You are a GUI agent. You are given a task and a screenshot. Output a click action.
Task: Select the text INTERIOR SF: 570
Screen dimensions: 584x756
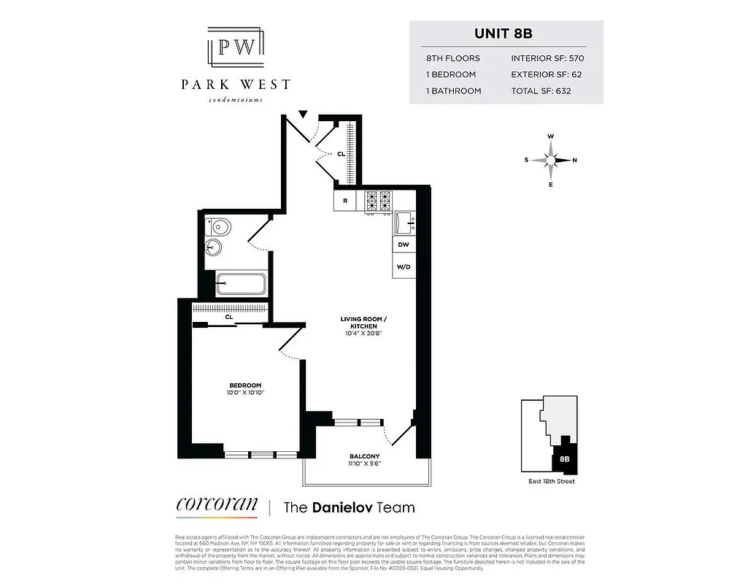547,58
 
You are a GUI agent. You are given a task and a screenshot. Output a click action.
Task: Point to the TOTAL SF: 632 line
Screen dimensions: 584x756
541,91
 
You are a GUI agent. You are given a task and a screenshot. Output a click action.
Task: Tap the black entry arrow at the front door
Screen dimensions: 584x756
304,113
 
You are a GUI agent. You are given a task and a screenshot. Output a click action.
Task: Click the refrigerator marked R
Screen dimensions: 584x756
344,201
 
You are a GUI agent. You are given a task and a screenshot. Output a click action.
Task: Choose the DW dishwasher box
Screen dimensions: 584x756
404,246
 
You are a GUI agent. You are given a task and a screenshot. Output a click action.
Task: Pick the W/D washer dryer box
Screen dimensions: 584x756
404,267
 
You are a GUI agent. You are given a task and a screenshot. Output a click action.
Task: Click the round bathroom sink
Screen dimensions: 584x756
213,247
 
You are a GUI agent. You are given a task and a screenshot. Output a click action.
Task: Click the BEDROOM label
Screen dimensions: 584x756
245,385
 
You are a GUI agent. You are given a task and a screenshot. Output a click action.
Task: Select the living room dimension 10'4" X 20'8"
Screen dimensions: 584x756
363,333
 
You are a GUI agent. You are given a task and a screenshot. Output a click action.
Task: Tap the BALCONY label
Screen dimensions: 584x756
365,456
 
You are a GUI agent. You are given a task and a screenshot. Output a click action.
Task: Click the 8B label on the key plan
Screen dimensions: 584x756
564,459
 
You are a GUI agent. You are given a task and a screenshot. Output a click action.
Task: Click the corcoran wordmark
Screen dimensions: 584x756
217,504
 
